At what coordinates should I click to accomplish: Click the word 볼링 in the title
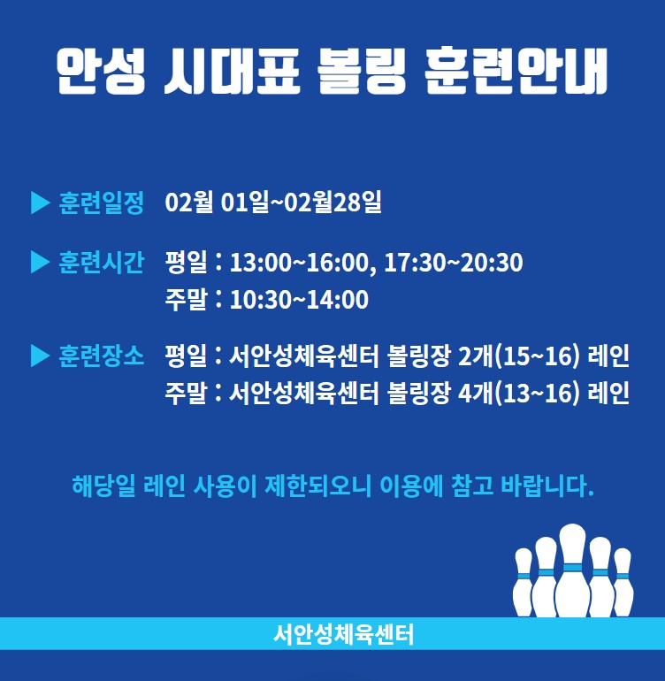click(x=362, y=72)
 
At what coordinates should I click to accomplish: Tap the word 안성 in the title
click(x=101, y=72)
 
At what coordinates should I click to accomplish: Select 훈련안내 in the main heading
click(x=516, y=72)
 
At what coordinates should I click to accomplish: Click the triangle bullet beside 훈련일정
click(x=41, y=203)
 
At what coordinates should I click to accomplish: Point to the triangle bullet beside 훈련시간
click(x=41, y=263)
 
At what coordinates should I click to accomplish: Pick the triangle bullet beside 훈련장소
click(x=41, y=356)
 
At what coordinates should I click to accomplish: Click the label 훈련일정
click(x=101, y=203)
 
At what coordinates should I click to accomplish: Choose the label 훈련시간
click(x=101, y=263)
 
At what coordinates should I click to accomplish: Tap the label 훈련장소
click(x=101, y=356)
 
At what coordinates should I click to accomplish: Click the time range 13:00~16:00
click(x=299, y=263)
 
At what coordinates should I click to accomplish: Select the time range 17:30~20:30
click(x=454, y=263)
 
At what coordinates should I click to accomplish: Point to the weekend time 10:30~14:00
click(x=299, y=300)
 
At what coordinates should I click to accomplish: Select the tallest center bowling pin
click(x=572, y=570)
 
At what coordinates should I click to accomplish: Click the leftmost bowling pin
click(x=523, y=582)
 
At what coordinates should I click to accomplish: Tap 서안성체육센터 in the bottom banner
click(x=344, y=634)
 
